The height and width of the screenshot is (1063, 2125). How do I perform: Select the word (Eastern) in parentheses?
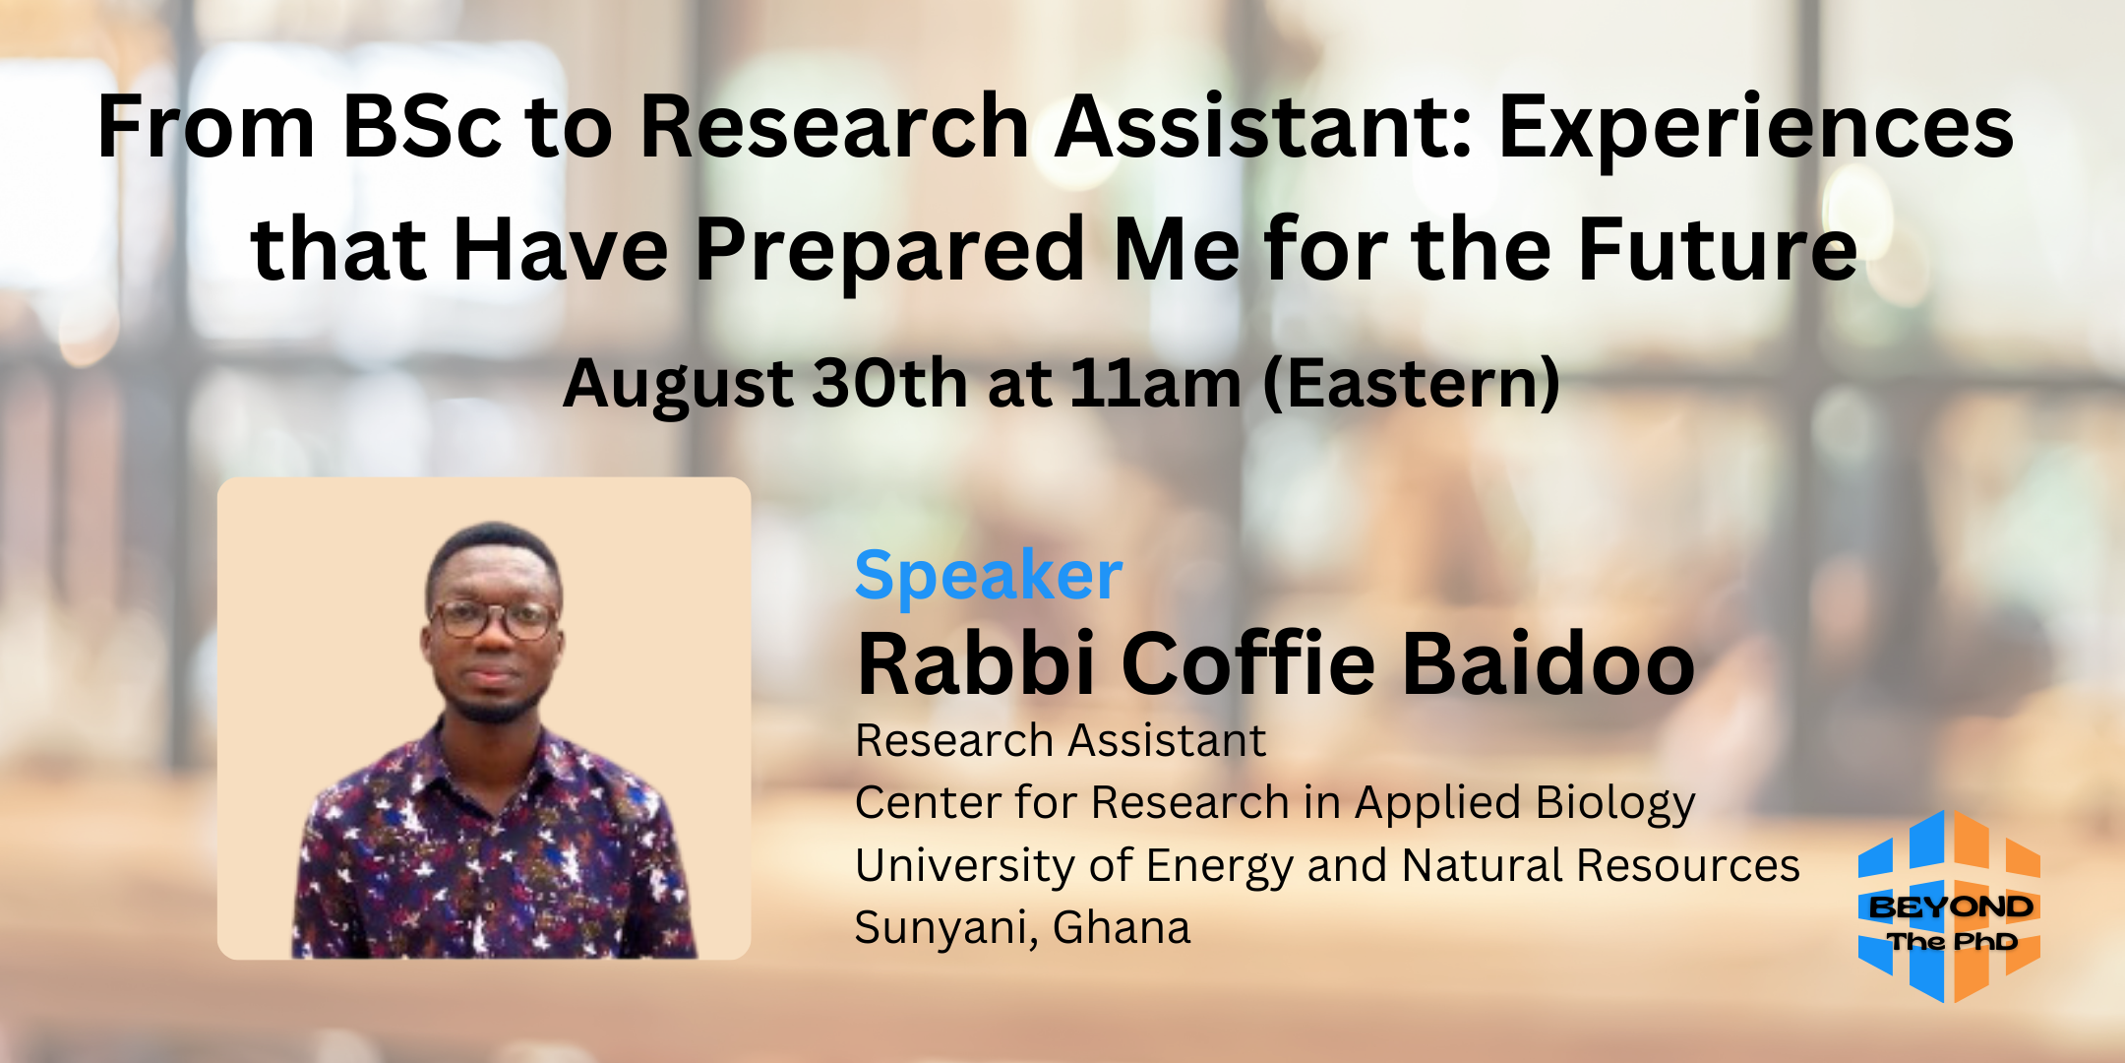coord(1412,383)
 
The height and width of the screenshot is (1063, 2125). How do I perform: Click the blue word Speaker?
coord(989,575)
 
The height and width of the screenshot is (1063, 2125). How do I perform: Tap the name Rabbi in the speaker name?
coord(976,662)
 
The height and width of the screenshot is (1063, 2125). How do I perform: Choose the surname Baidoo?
coord(1548,662)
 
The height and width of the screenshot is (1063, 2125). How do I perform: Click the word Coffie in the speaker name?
coord(1248,662)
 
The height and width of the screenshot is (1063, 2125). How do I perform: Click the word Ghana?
coord(1121,927)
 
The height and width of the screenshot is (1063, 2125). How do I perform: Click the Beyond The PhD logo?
coord(1949,907)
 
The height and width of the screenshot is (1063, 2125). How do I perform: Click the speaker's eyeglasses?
coord(495,619)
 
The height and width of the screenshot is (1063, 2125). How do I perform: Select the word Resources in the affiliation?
coord(1688,866)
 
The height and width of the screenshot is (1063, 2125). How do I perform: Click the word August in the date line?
coord(678,384)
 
